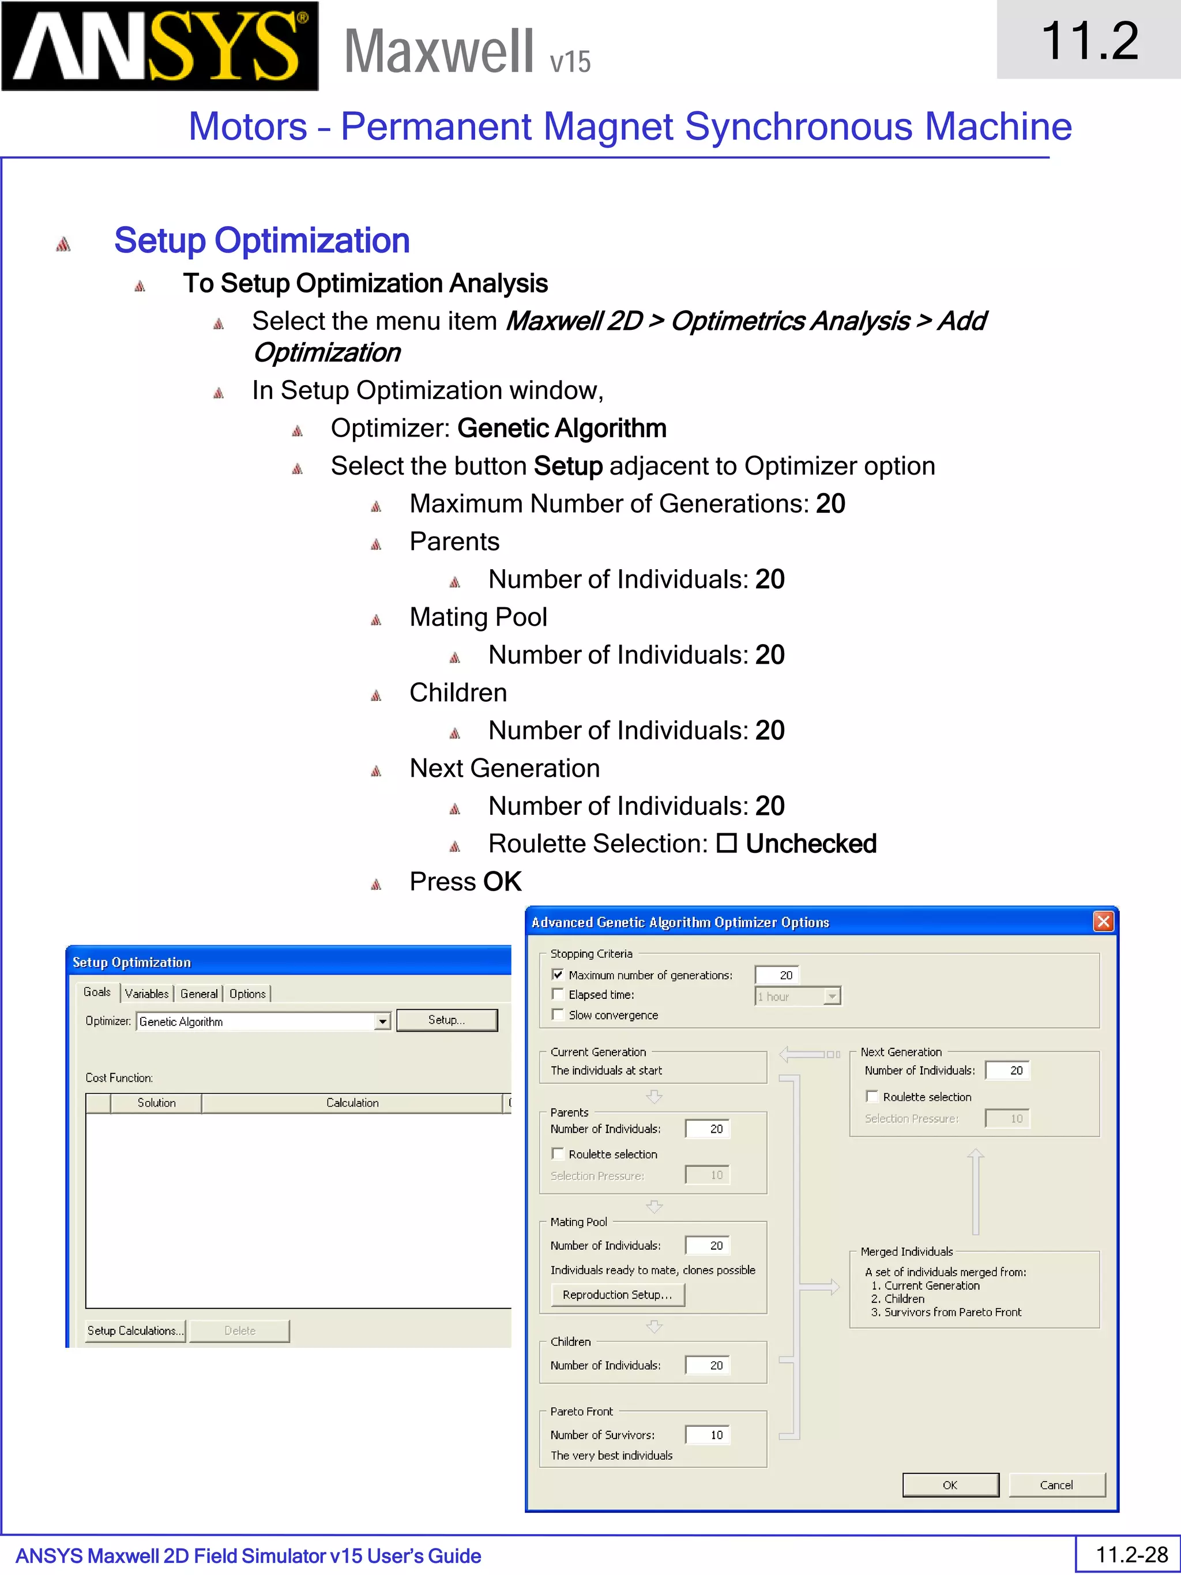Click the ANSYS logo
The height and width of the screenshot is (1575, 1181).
click(x=160, y=46)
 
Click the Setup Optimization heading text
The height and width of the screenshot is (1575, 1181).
click(x=261, y=240)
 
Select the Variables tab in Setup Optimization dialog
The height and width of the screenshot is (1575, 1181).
click(x=146, y=993)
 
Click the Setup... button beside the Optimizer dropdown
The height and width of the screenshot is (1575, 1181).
click(x=446, y=1020)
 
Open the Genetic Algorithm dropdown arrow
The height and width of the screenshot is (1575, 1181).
click(x=382, y=1022)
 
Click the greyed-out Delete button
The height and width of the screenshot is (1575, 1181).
click(x=240, y=1330)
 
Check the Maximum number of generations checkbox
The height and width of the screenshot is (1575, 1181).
click(x=558, y=975)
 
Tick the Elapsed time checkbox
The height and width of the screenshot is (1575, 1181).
click(x=558, y=994)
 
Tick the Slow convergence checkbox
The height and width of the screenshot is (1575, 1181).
click(x=558, y=1014)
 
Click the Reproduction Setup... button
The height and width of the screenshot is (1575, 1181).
click(x=617, y=1295)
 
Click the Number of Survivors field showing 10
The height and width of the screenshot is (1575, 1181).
click(x=708, y=1435)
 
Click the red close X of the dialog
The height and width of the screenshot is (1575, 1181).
click(x=1103, y=922)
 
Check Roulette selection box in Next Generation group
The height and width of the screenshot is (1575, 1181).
click(x=872, y=1096)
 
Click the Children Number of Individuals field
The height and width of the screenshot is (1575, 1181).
click(x=708, y=1365)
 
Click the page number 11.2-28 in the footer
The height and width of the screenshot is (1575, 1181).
click(x=1131, y=1554)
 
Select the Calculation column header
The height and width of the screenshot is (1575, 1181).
click(x=352, y=1102)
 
